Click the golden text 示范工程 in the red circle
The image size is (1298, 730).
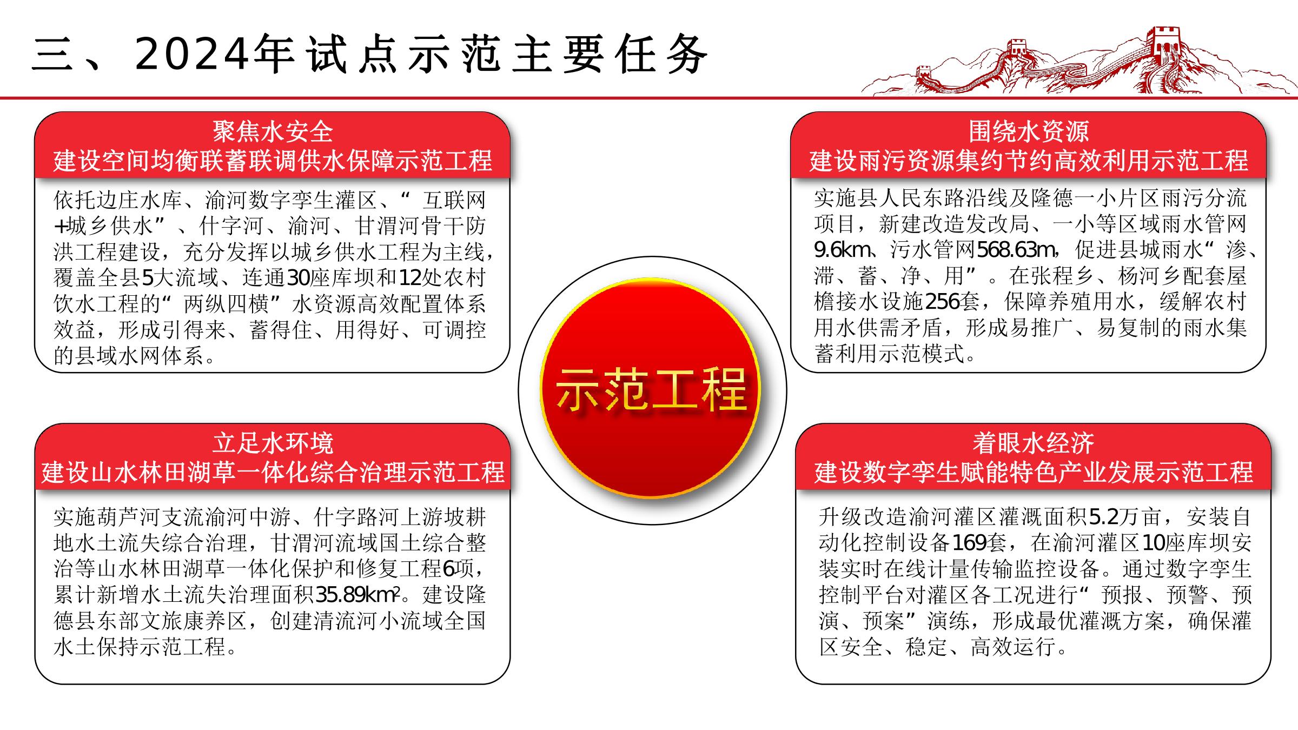coord(651,389)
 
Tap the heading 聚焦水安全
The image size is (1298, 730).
coord(273,131)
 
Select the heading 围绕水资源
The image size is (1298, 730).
coord(1029,131)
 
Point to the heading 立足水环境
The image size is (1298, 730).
coord(273,443)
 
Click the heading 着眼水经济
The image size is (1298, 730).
coord(1033,443)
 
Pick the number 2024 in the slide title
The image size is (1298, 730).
coord(194,54)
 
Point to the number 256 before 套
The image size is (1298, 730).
coord(943,302)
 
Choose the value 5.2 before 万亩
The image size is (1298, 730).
coord(1103,517)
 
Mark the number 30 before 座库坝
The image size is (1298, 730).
coord(297,278)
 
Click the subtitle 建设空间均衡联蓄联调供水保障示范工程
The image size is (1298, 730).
coord(273,161)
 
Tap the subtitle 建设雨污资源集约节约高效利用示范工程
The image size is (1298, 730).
coord(1029,161)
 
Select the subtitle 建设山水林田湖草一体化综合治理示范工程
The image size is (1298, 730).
coord(273,473)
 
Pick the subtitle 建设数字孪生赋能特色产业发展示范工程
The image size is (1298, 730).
coord(1033,473)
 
